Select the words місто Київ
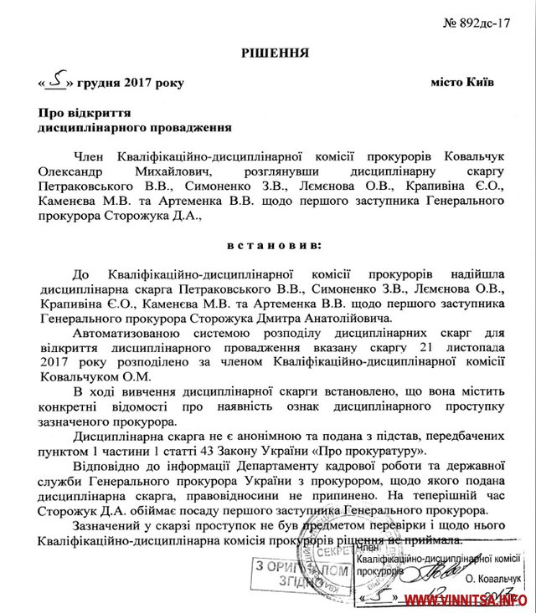[x=463, y=83]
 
